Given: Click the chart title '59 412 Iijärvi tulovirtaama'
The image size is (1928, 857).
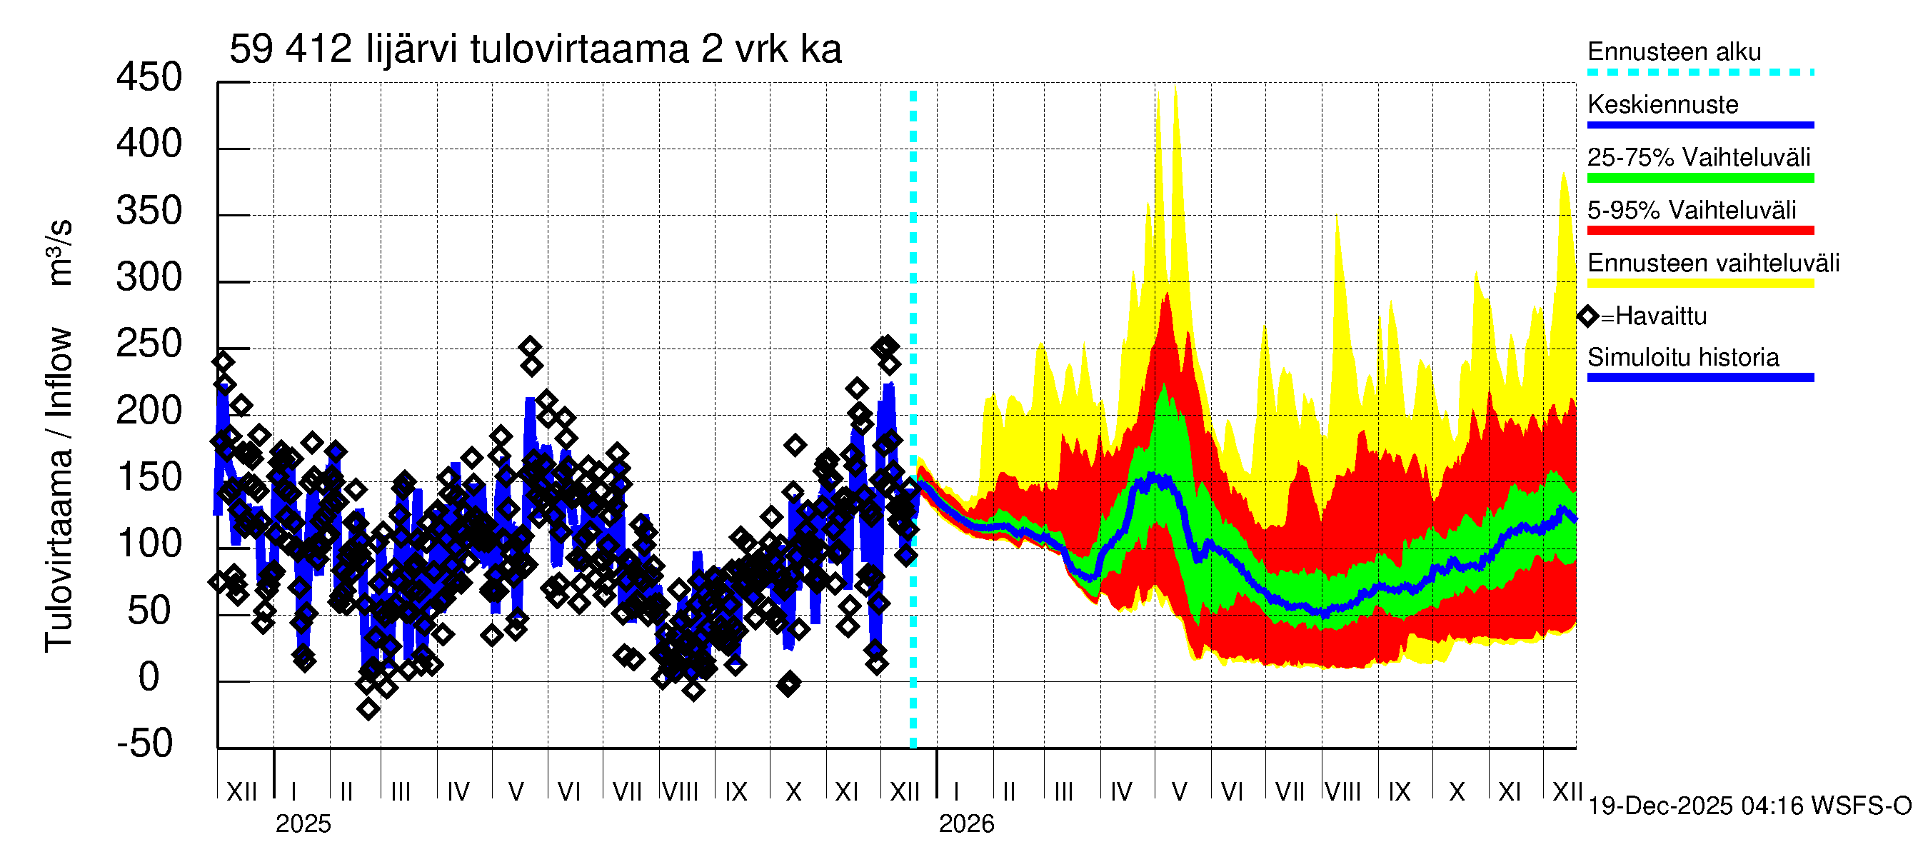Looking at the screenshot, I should (x=534, y=49).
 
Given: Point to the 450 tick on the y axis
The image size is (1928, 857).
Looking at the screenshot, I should (x=149, y=78).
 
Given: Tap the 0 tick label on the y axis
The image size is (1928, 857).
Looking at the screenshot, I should (x=149, y=676).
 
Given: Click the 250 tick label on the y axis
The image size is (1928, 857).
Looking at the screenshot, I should (x=149, y=344).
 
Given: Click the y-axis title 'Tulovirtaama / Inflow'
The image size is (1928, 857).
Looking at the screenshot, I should (x=59, y=489).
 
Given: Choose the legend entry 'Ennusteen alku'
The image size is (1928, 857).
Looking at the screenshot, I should (x=1674, y=51).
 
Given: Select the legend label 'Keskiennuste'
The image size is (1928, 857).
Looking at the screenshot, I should (x=1662, y=104).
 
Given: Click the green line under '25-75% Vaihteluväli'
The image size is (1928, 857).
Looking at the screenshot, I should (x=1699, y=178).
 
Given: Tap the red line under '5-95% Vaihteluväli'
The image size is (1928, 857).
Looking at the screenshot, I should (x=1699, y=231).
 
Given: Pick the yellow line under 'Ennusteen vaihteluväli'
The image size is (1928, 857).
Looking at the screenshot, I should (x=1699, y=283).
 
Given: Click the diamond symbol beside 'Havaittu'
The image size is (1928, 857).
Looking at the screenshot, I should (x=1587, y=316).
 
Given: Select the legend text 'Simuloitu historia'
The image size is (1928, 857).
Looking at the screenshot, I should (x=1682, y=357).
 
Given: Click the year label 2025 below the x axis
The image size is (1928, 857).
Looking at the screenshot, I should (x=302, y=823).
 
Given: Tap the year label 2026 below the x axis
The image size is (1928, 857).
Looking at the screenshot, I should (x=965, y=823).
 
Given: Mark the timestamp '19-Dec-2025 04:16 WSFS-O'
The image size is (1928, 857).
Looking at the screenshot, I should (x=1749, y=806).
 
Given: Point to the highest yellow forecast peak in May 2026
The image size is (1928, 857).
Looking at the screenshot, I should (x=1175, y=89).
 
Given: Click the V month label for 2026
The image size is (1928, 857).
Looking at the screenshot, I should (x=1179, y=791).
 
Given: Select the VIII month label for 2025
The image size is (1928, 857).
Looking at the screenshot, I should (x=681, y=791).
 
